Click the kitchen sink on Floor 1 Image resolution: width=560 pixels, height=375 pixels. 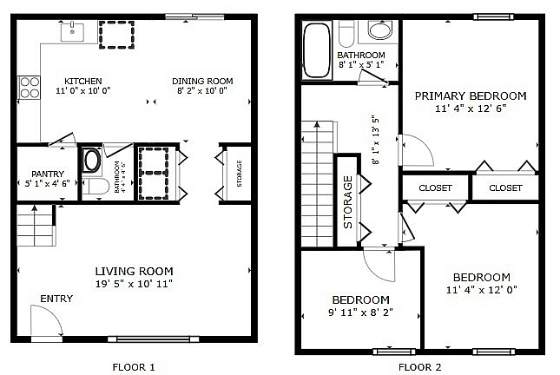click(73, 32)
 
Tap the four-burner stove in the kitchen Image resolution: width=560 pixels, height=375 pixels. click(30, 88)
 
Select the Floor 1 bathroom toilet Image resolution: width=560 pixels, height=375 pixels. click(96, 187)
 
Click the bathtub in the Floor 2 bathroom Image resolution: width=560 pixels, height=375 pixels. click(317, 50)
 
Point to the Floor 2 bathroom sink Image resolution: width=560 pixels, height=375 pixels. click(380, 30)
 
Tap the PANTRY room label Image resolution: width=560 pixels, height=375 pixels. click(48, 174)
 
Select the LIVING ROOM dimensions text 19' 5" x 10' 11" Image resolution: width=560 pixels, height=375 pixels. click(134, 284)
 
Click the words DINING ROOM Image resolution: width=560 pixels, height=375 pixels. click(202, 82)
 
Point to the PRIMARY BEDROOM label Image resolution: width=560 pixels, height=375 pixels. click(471, 95)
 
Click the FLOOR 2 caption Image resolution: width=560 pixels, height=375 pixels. click(419, 367)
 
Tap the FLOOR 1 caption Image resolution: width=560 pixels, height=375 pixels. click(134, 367)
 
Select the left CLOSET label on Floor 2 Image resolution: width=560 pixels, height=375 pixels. click(435, 187)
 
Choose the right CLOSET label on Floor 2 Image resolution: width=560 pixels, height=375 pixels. click(505, 187)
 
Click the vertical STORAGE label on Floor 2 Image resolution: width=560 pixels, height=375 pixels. click(347, 201)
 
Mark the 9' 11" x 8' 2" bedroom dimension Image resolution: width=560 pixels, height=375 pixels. click(360, 312)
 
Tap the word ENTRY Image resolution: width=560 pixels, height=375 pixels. click(56, 299)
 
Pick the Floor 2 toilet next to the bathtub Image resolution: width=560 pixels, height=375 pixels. click(346, 34)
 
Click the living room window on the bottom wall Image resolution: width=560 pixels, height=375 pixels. click(154, 339)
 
